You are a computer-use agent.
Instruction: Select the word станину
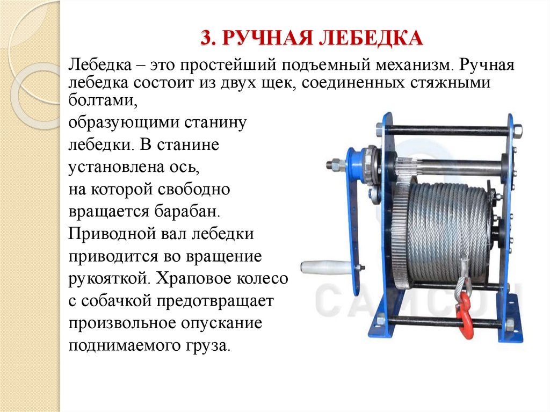point(214,123)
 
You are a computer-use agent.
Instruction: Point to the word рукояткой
point(108,279)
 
